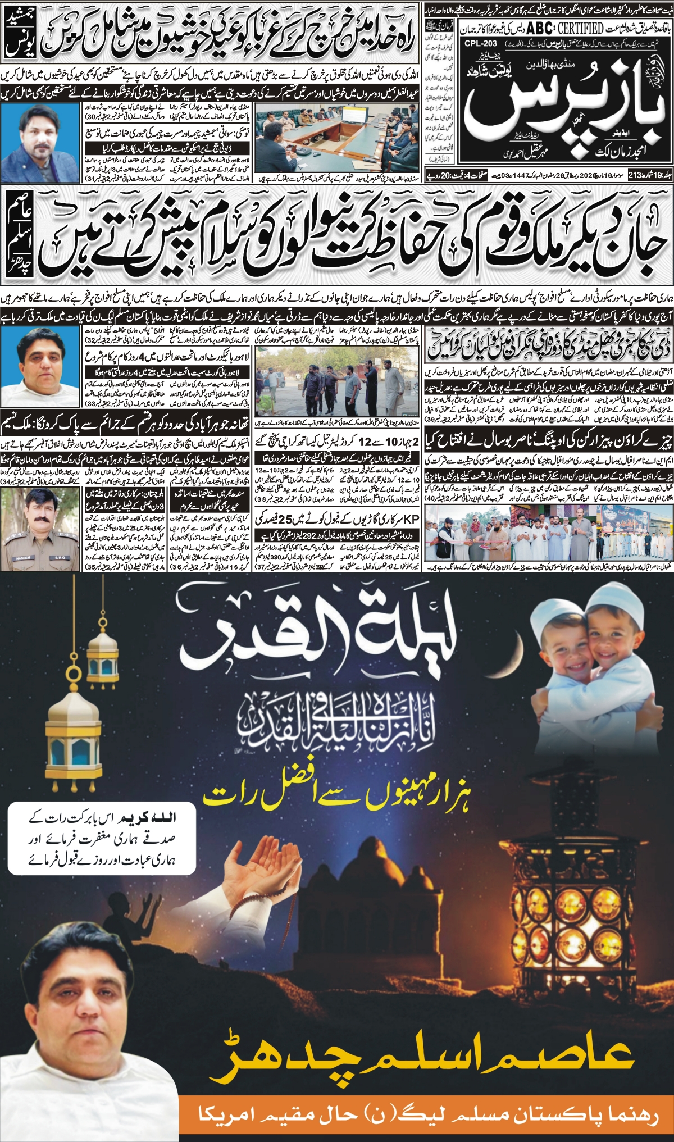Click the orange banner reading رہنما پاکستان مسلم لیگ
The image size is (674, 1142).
pyautogui.click(x=427, y=1115)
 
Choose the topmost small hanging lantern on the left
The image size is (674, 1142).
pyautogui.click(x=102, y=654)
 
